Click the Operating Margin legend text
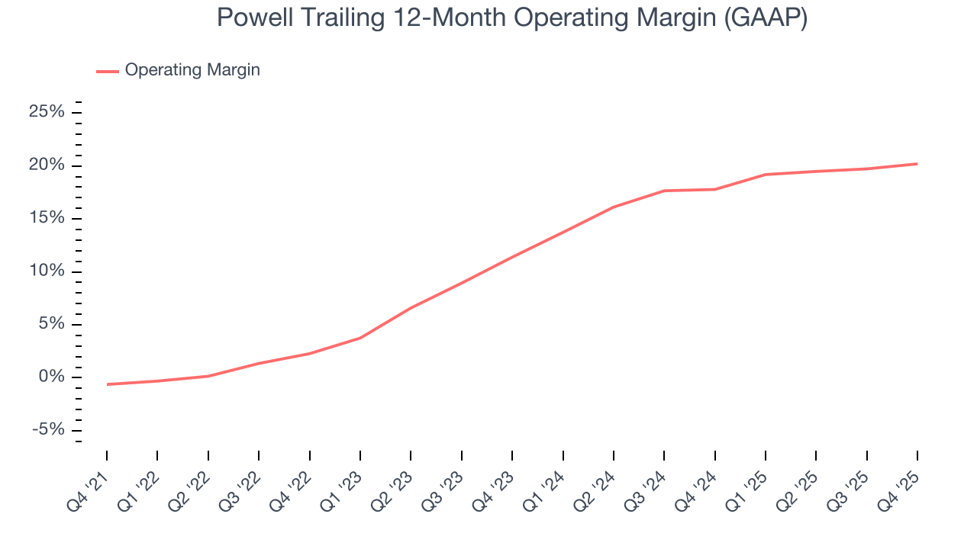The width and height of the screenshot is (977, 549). [x=192, y=70]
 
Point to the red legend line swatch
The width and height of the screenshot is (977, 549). [x=107, y=71]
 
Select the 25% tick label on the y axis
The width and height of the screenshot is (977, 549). [x=47, y=113]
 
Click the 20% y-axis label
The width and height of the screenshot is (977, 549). [x=47, y=166]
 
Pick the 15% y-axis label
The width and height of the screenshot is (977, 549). [x=47, y=219]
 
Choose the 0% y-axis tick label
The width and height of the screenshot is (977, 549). [x=52, y=377]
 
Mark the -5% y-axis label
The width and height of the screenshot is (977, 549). [x=48, y=430]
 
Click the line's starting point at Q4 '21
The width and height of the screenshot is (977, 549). [x=107, y=384]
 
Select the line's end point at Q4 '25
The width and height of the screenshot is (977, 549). [x=917, y=164]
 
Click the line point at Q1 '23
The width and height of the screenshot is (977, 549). [x=360, y=338]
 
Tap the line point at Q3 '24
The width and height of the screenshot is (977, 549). [x=664, y=191]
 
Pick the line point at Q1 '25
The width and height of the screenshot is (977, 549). [x=766, y=175]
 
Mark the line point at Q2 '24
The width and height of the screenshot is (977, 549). [x=614, y=207]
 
